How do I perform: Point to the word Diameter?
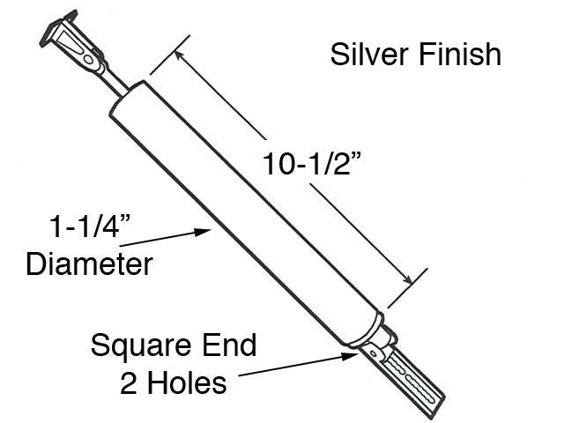pyautogui.click(x=89, y=263)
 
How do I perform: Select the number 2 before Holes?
pyautogui.click(x=129, y=382)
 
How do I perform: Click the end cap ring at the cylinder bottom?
pyautogui.click(x=362, y=330)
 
